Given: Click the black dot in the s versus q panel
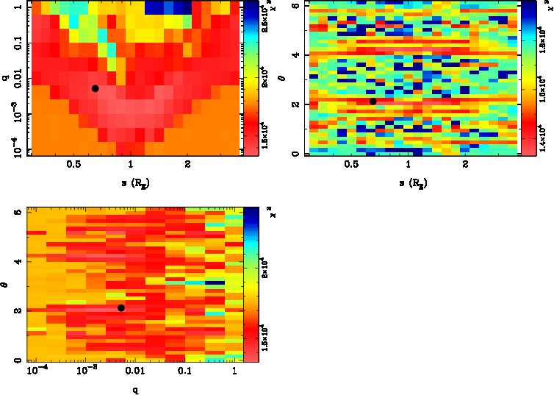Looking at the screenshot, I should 95,88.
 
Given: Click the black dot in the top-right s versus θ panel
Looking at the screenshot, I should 373,102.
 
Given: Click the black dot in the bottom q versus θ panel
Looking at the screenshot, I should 121,307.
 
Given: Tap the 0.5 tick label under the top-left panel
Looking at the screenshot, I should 73,166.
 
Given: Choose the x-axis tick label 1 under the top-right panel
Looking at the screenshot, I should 408,166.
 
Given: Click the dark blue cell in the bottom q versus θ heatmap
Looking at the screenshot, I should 215,282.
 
